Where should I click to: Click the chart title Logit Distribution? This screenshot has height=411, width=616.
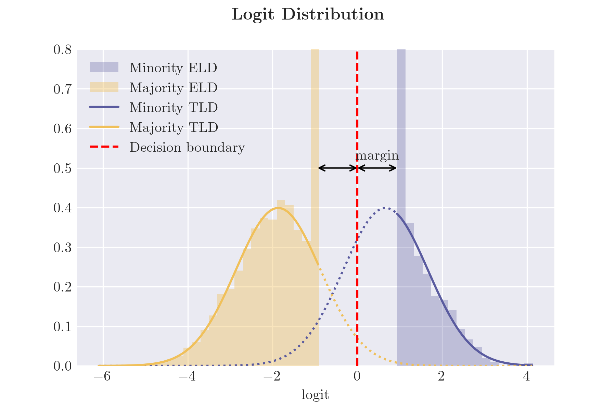[x=308, y=15]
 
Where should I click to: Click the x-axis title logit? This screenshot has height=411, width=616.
[x=315, y=395]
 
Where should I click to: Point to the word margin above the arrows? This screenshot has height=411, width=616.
[x=377, y=156]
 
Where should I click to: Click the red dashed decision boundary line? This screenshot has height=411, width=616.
[x=357, y=274]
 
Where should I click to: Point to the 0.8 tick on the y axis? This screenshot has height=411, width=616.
[x=62, y=50]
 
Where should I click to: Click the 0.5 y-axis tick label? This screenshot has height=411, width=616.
[x=62, y=169]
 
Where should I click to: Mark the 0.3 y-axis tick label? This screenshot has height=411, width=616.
[x=62, y=248]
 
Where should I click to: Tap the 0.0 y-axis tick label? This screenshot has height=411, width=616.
[x=62, y=366]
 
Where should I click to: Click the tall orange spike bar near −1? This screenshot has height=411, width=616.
[x=315, y=137]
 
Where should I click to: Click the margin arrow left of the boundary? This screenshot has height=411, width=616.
[x=338, y=168]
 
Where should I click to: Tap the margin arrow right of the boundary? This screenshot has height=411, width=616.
[x=377, y=168]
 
